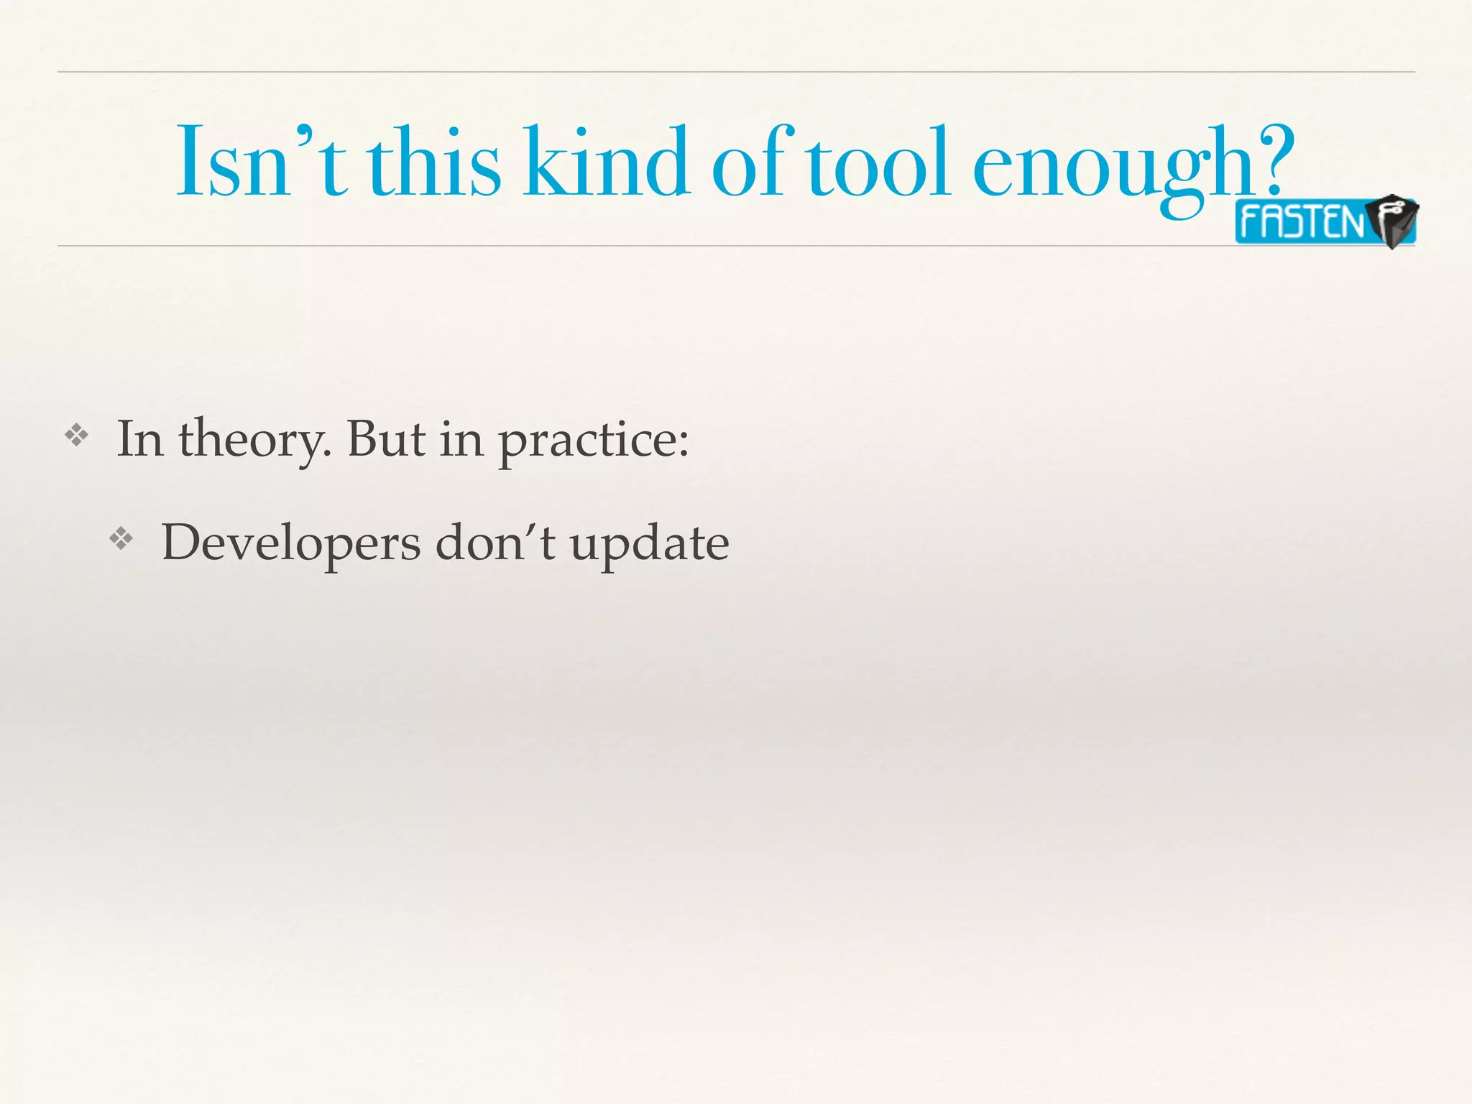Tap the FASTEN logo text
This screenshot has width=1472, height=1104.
(x=1301, y=222)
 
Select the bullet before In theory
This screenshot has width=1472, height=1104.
(x=76, y=435)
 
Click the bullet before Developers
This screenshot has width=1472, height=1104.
(x=121, y=539)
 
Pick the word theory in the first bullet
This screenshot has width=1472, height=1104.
(x=255, y=439)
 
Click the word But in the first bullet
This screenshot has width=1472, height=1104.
(x=386, y=438)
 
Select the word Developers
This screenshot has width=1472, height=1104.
(x=291, y=544)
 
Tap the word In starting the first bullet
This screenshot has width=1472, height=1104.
(x=139, y=438)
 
